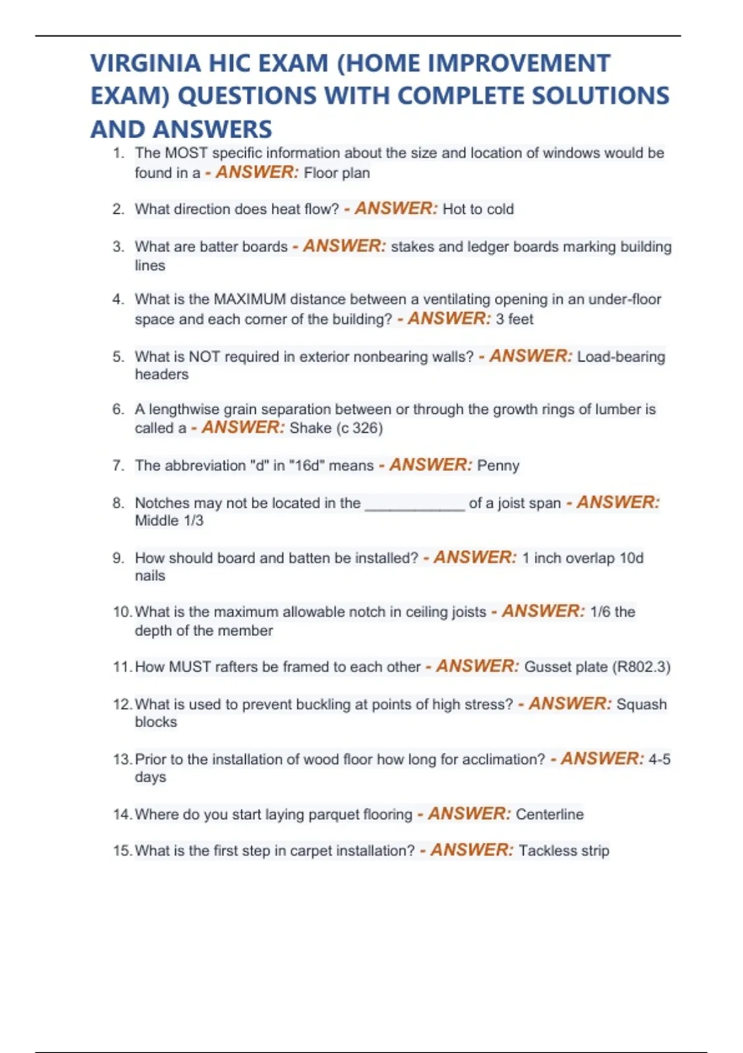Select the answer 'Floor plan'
click(337, 173)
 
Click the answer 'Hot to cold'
click(478, 209)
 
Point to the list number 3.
click(118, 247)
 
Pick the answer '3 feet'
click(514, 319)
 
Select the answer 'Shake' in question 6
click(310, 428)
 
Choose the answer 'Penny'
click(498, 466)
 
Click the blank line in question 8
click(414, 504)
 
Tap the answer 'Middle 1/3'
click(169, 521)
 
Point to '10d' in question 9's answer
click(631, 558)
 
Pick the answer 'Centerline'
click(549, 815)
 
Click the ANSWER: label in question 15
click(472, 850)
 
